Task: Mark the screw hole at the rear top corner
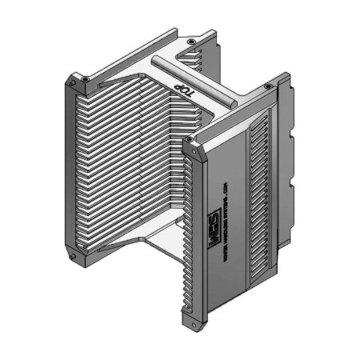coord(190,40)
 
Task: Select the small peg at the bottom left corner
coord(73,258)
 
